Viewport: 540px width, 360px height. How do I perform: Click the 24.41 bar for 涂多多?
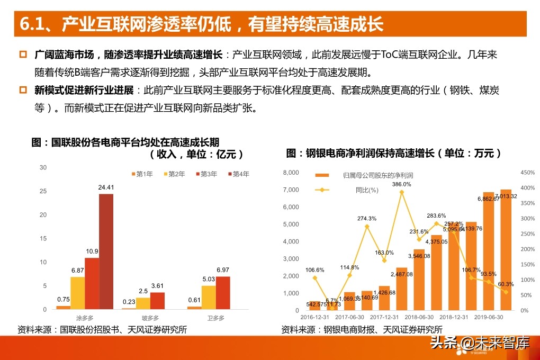pyautogui.click(x=106, y=251)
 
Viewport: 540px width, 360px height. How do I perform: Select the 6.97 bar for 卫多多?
pyautogui.click(x=223, y=292)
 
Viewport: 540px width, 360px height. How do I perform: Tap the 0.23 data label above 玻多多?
pyautogui.click(x=129, y=302)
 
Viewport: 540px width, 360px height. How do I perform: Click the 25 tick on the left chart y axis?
pyautogui.click(x=43, y=191)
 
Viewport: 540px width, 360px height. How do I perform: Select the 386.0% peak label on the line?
pyautogui.click(x=401, y=184)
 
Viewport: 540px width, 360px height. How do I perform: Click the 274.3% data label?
pyautogui.click(x=366, y=218)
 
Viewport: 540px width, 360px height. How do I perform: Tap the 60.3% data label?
pyautogui.click(x=506, y=284)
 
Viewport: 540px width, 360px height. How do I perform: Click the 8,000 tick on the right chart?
pyautogui.click(x=291, y=173)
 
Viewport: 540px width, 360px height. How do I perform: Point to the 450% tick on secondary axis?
pyautogui.click(x=528, y=173)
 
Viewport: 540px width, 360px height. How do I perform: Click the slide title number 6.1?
pyautogui.click(x=34, y=24)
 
